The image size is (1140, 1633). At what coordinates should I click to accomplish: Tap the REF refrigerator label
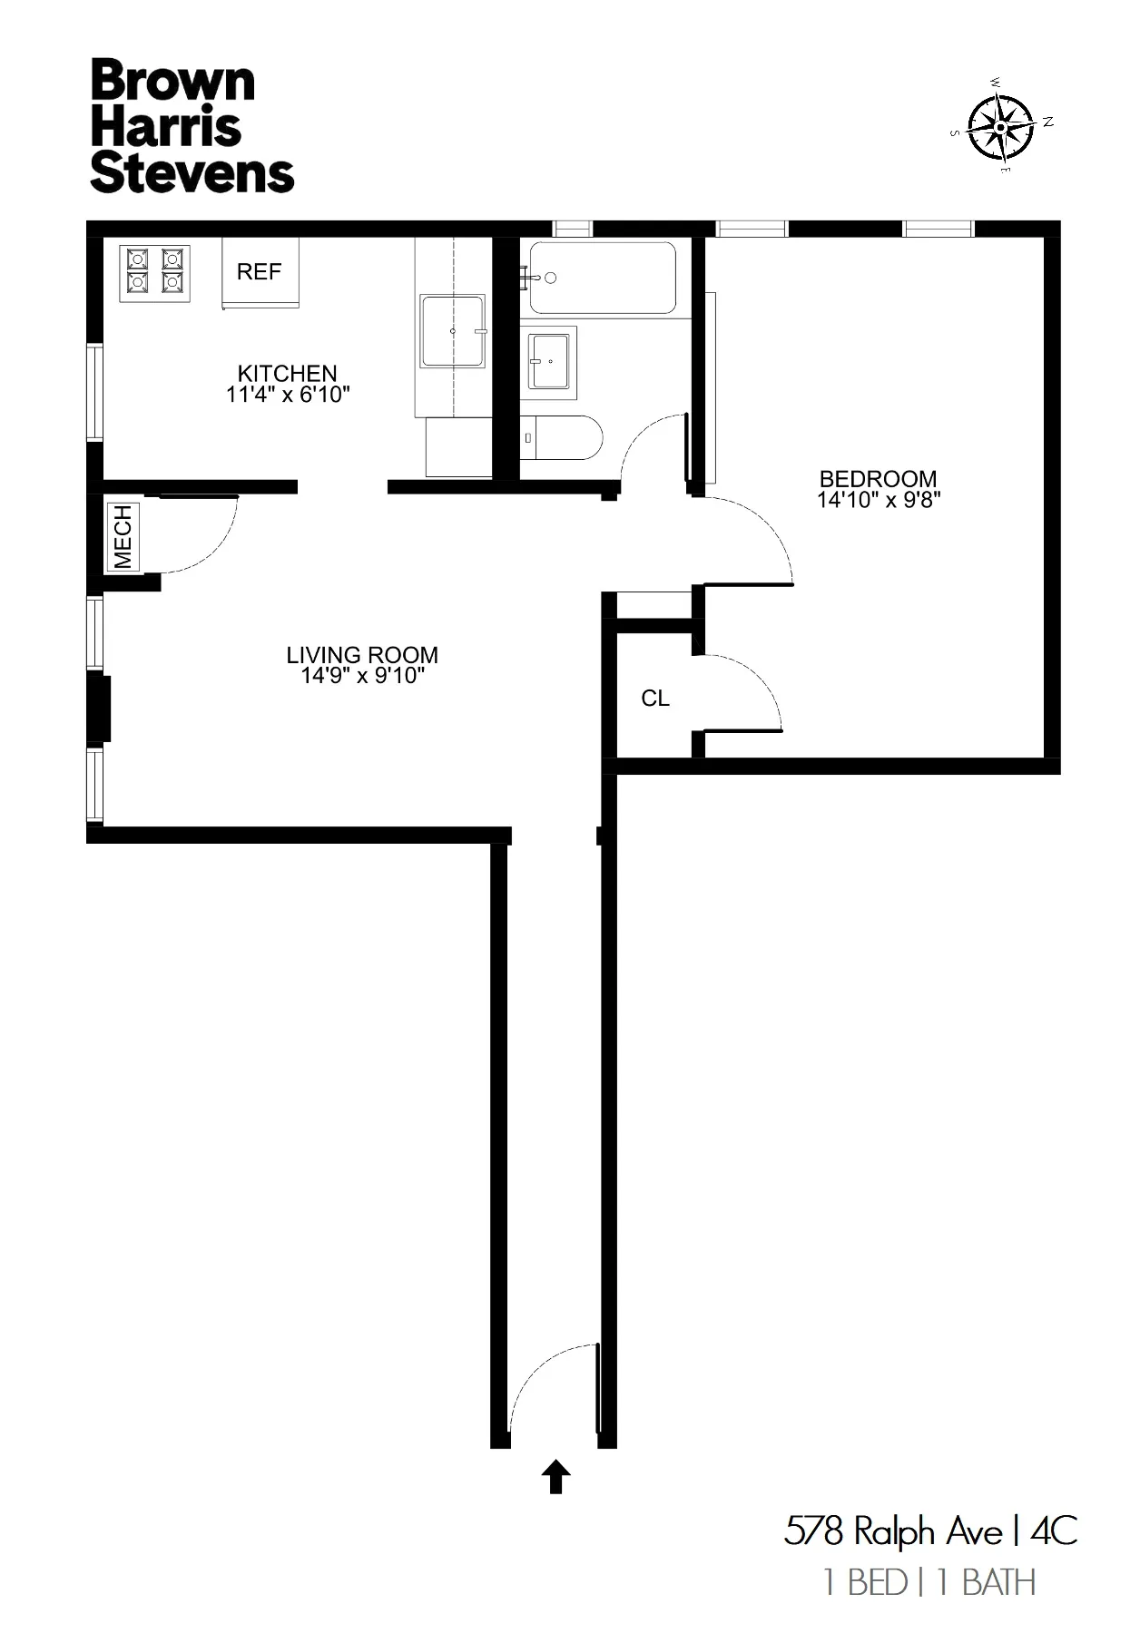(259, 272)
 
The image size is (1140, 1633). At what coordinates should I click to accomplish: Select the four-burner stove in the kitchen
(154, 271)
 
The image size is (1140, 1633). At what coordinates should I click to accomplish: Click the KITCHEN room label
(287, 373)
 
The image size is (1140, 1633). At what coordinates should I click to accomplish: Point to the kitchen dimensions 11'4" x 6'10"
(288, 395)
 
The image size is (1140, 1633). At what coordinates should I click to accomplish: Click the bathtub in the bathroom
(603, 277)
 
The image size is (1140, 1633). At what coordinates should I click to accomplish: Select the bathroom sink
(549, 361)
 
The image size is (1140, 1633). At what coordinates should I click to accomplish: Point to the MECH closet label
(123, 537)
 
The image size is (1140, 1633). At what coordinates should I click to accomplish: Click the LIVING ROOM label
(362, 655)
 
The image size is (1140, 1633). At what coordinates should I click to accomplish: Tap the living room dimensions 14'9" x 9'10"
(362, 676)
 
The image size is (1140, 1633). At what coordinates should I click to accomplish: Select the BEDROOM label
(878, 478)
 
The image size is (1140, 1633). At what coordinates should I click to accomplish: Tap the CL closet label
(655, 699)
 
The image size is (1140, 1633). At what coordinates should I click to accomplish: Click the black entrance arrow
(555, 1477)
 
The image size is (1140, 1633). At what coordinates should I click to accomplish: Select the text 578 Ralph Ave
(893, 1532)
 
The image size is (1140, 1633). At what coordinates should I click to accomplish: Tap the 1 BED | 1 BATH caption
(929, 1583)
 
